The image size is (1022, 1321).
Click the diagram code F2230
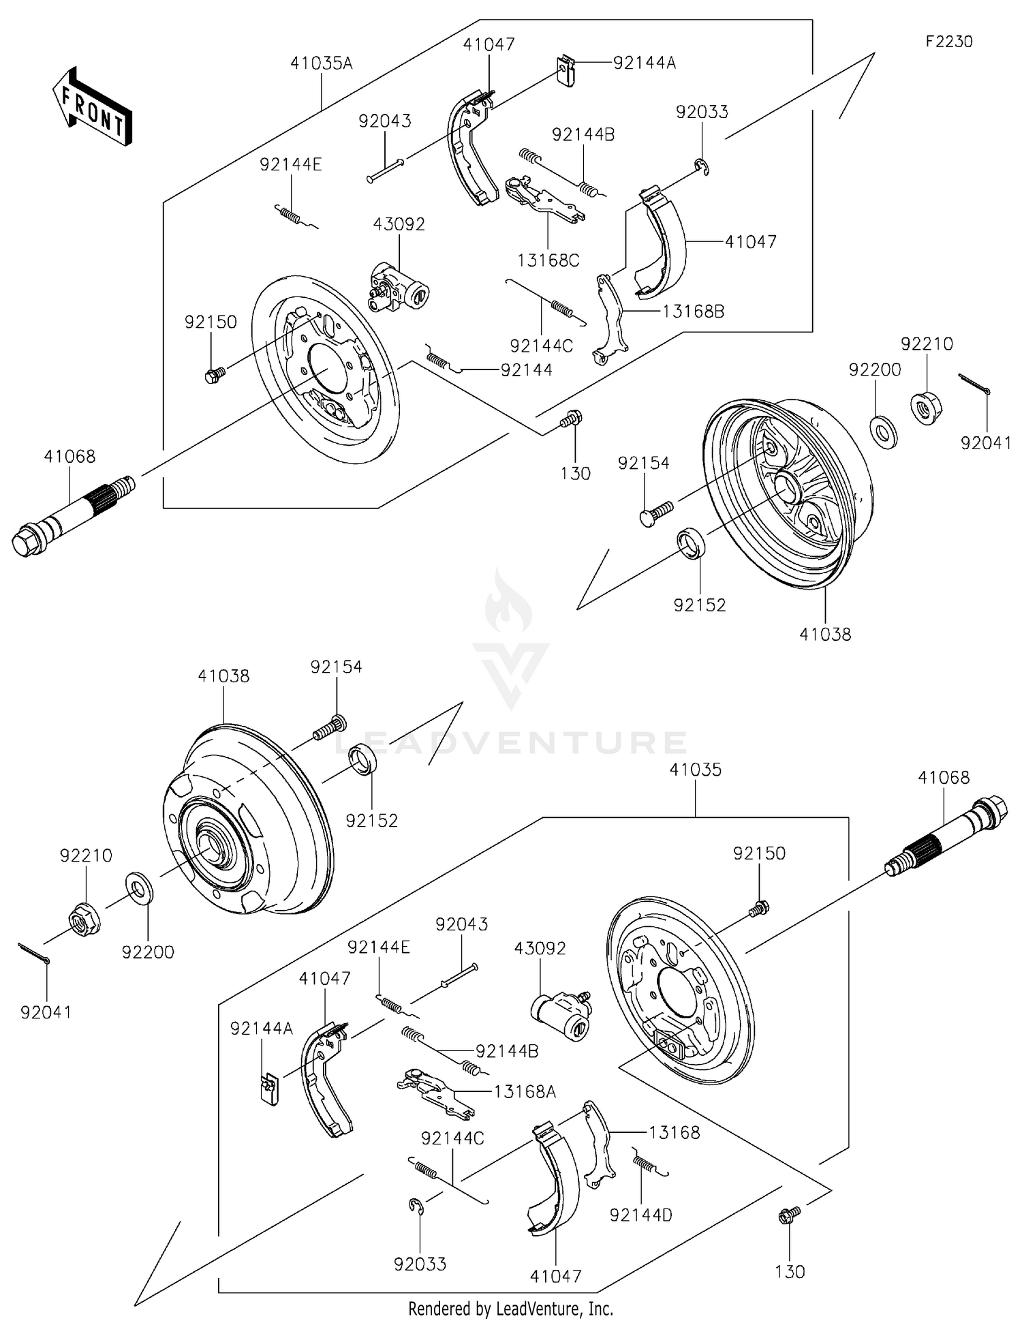point(948,42)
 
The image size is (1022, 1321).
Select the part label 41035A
point(321,63)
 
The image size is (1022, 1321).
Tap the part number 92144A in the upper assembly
point(644,63)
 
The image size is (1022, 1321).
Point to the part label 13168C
point(548,260)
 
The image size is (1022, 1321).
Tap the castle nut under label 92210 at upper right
point(925,407)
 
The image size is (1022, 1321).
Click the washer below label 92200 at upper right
point(884,431)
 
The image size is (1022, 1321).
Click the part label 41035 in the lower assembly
point(695,770)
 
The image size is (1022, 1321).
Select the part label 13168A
point(525,1091)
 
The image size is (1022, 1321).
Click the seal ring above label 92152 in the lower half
point(362,760)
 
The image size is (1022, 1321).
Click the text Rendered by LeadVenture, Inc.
point(510,1308)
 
